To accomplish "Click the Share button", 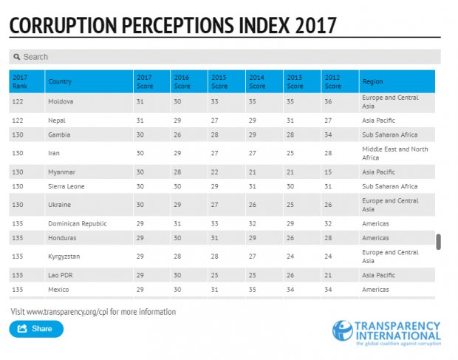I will click(x=36, y=328).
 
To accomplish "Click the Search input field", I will click(x=229, y=57).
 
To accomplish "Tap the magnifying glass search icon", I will click(x=17, y=57).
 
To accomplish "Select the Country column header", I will click(x=60, y=81).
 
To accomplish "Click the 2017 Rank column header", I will click(x=21, y=81).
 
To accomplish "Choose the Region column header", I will click(x=372, y=81).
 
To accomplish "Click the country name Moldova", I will click(x=61, y=101).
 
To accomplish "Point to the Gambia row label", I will click(x=60, y=135).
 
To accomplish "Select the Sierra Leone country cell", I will click(x=66, y=186).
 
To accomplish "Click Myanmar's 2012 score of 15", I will click(x=327, y=171).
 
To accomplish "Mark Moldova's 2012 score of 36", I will click(x=327, y=101).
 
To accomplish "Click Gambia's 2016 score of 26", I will click(x=177, y=135).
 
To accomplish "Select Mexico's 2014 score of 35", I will click(x=253, y=290).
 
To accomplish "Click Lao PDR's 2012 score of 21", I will click(x=327, y=275).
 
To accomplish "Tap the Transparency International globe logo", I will click(x=342, y=330).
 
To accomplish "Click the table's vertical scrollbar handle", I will click(x=439, y=242).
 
